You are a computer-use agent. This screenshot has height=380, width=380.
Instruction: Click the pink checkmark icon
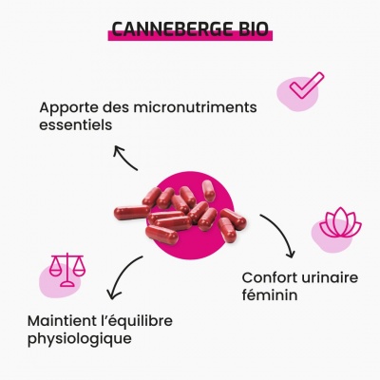coord(307,85)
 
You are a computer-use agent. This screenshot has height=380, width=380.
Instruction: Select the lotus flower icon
coord(340,222)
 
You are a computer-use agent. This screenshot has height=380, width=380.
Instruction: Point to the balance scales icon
coord(67,270)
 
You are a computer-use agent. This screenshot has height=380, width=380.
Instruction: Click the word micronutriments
coord(195,107)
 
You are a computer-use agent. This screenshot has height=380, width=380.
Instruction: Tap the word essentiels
coord(76,124)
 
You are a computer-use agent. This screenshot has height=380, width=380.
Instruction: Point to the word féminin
coord(270,294)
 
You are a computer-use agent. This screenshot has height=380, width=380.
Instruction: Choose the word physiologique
coord(80,339)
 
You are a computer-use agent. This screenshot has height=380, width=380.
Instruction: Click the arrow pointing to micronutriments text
coord(123,157)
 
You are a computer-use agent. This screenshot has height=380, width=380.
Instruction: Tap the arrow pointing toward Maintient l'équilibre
coord(120,274)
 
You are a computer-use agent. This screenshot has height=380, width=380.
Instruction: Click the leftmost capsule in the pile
coord(132,211)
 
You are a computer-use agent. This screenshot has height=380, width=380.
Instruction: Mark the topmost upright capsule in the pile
coord(209,191)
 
